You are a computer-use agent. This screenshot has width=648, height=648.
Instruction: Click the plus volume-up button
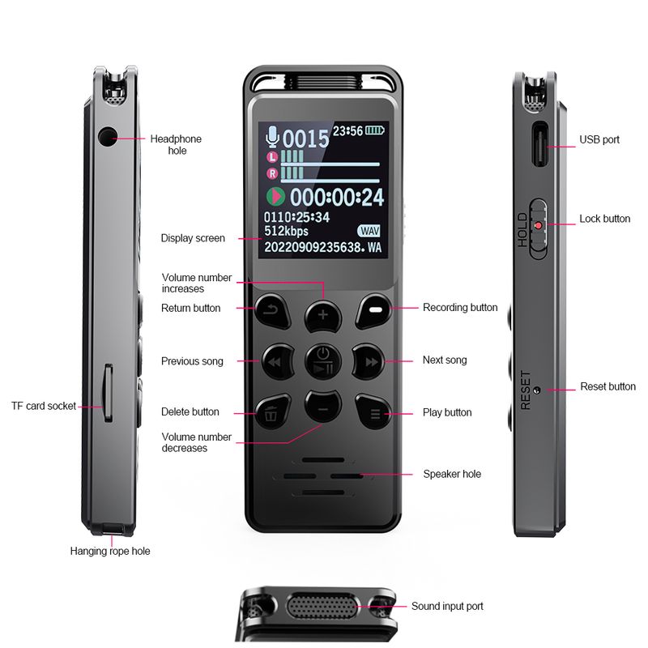point(322,316)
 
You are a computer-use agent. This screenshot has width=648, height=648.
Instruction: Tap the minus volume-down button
point(322,407)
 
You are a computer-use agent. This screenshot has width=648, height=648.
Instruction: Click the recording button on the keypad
point(374,311)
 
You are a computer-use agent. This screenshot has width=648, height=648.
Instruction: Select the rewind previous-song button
point(277,361)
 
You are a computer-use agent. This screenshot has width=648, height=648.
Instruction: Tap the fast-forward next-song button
point(369,361)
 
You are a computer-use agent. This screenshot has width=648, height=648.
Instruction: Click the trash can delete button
point(272,412)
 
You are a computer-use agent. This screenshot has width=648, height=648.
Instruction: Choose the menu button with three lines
point(373,412)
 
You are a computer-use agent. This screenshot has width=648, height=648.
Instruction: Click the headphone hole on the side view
point(107,137)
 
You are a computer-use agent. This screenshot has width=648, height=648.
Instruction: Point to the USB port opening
point(539,144)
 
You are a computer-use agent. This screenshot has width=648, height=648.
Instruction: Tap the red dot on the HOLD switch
point(539,226)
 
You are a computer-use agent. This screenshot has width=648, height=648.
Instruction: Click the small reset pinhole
point(537,390)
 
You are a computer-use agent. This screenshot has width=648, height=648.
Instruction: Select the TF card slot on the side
point(108,393)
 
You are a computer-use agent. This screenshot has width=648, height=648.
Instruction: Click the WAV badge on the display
point(369,231)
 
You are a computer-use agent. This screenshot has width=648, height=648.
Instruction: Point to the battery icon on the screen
point(374,130)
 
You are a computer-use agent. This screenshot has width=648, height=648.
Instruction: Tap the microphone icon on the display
point(272,137)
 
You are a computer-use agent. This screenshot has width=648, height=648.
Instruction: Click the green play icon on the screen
point(275,196)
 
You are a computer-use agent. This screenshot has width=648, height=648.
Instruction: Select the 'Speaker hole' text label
point(452,474)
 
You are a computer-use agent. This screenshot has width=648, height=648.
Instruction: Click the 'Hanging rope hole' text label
point(110,551)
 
